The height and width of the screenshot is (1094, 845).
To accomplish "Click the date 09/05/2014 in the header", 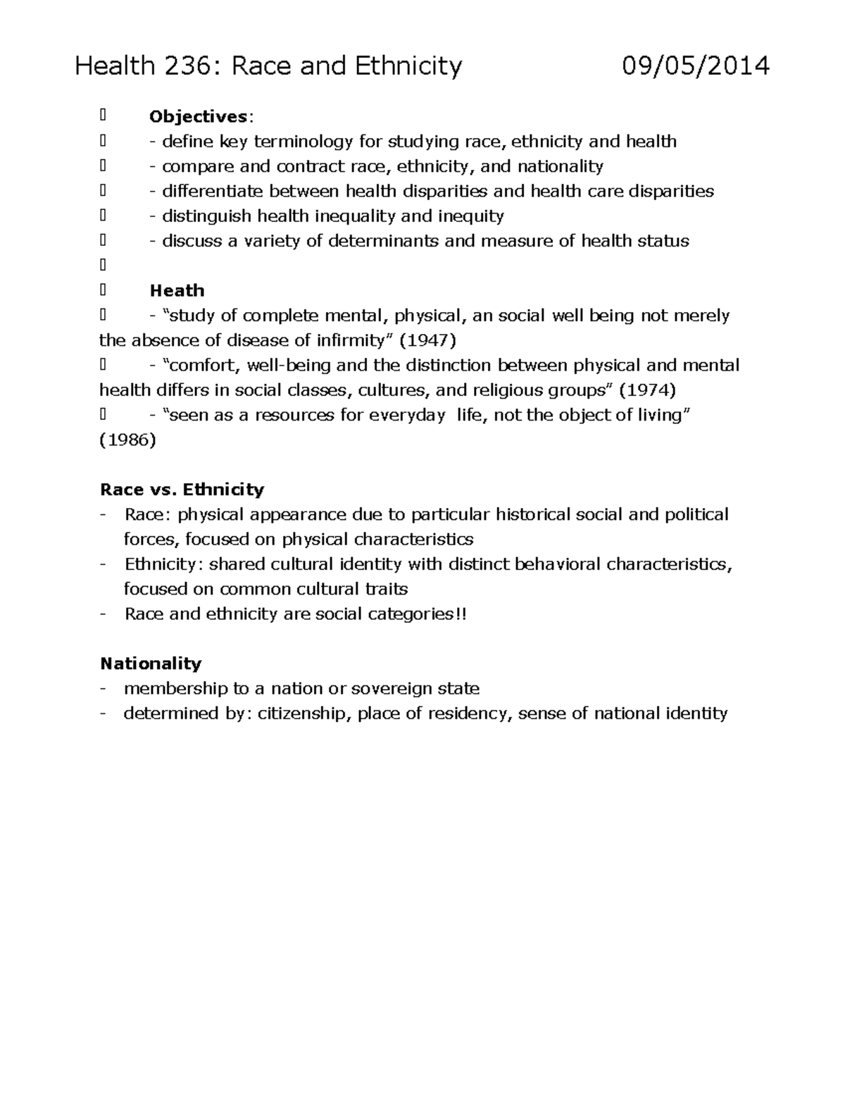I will coord(696,66).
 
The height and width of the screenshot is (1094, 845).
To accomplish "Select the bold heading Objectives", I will coord(198,117).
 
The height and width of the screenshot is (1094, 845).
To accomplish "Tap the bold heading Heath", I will coord(177,290).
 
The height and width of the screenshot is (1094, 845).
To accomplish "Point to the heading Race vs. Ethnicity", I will coord(182,490).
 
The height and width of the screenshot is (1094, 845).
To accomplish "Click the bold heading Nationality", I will coord(151,664).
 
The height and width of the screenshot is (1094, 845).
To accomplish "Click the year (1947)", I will coord(428,341).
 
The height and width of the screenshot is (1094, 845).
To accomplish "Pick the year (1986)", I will coord(127,440).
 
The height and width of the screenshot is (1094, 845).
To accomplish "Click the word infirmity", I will coord(350,341).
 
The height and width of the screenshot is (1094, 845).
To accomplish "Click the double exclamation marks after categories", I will coord(461,614).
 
